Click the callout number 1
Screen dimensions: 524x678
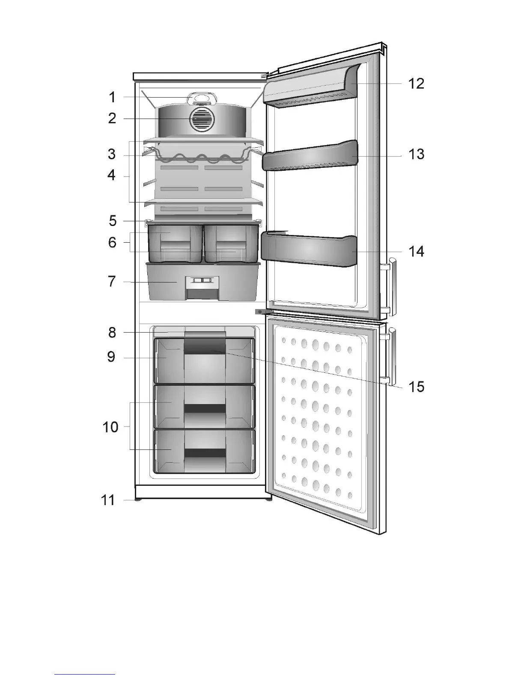(112, 97)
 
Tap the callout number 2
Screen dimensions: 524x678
(112, 118)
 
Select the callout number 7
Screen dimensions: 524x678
(112, 282)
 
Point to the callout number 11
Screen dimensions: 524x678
(108, 500)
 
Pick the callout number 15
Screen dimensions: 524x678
(416, 387)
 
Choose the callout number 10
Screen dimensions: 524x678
(110, 426)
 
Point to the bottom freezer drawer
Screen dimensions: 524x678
(204, 452)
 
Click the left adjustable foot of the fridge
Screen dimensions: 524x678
(138, 499)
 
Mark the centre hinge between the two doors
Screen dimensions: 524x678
(262, 312)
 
